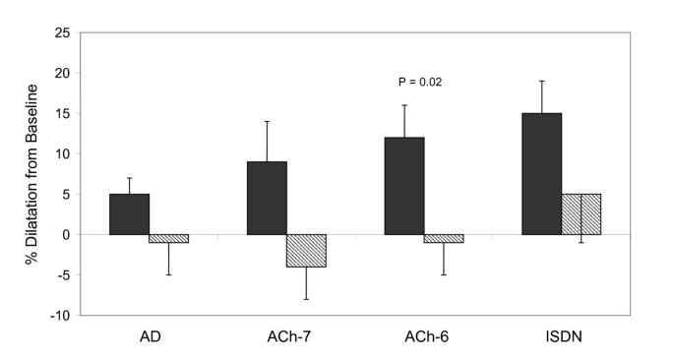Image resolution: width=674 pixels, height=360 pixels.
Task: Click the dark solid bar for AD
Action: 129,213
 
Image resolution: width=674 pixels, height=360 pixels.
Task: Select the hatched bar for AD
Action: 168,238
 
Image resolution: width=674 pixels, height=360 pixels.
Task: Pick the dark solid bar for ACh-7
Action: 267,198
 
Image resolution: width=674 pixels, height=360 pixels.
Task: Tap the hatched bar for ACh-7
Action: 306,250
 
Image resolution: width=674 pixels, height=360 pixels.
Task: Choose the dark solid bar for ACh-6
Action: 404,186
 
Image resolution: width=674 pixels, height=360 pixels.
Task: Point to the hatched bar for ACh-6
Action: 444,238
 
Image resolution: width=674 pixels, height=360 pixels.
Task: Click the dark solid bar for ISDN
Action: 541,173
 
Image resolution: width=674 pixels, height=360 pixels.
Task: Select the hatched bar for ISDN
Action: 581,213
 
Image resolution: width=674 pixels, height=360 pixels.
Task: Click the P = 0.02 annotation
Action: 420,82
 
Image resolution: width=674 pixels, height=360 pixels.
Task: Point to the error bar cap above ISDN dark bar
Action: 541,81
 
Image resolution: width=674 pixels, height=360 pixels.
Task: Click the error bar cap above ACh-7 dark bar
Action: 267,121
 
